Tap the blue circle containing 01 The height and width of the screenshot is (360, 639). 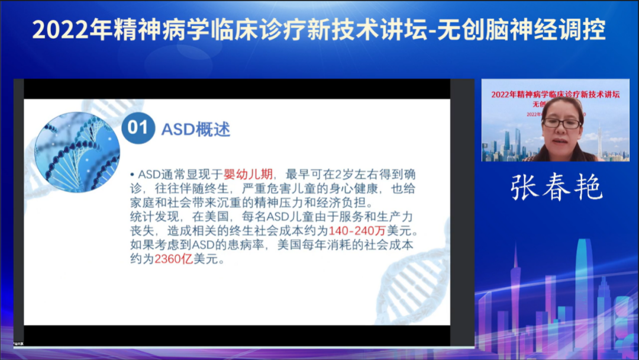(x=137, y=128)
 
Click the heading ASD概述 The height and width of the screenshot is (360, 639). (x=196, y=129)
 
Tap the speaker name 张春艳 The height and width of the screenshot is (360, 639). (x=556, y=188)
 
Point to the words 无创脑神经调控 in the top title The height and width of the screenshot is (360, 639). (x=522, y=30)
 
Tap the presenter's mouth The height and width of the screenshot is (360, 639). (x=561, y=142)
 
